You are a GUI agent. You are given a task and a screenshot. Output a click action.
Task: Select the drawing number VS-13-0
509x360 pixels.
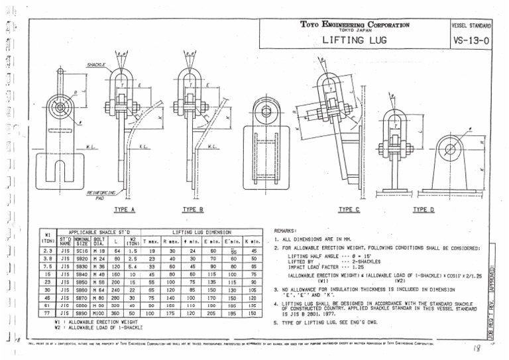click(471, 40)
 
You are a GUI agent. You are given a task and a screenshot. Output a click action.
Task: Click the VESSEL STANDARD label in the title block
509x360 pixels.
click(471, 25)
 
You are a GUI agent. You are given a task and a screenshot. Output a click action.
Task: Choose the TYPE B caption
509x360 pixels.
click(193, 210)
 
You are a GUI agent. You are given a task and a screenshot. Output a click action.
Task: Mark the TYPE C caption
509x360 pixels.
click(349, 210)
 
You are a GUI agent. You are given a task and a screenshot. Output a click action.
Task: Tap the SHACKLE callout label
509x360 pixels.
click(96, 65)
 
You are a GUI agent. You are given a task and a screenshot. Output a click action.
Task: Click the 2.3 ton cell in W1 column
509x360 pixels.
click(48, 251)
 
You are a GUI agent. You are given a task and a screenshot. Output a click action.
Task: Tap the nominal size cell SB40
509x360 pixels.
click(82, 273)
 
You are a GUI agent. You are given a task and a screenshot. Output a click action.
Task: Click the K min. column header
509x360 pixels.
click(253, 242)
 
